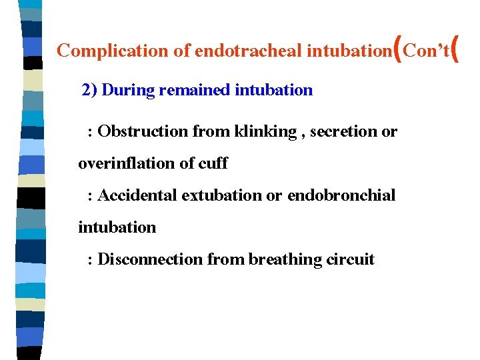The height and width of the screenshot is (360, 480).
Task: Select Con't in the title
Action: pos(427,51)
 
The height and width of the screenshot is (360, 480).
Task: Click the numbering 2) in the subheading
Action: pos(89,90)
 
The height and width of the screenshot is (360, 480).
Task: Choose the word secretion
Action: pos(343,131)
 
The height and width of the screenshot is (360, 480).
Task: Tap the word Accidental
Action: pos(137,195)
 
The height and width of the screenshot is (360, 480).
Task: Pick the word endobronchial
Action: pos(341,195)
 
